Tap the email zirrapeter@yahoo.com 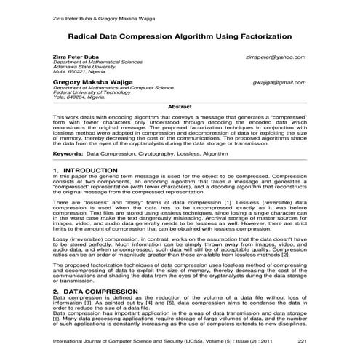[276, 57]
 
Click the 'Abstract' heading [180, 107]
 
